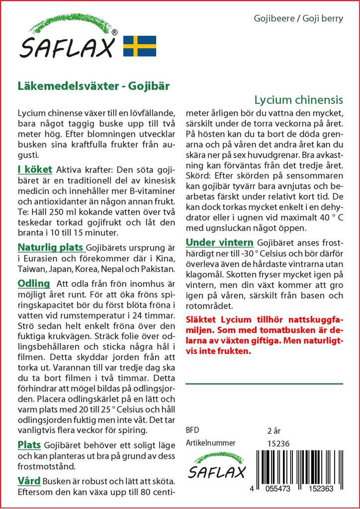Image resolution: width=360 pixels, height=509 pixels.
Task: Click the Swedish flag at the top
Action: pos(139,45)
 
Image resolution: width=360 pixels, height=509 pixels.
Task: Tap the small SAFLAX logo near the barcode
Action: pos(215,468)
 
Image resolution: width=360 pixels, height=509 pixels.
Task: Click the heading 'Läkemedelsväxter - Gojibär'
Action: pos(93,85)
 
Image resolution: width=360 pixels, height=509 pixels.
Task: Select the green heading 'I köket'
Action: pos(35,170)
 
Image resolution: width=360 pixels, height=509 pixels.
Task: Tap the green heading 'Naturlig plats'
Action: pos(51,247)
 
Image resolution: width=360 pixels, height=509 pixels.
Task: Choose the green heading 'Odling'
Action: pos(34,283)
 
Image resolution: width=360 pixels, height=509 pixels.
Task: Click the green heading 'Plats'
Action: pos(29,444)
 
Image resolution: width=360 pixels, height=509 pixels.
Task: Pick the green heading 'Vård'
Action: pos(29,481)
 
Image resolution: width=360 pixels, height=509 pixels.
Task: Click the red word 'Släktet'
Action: pos(200,319)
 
